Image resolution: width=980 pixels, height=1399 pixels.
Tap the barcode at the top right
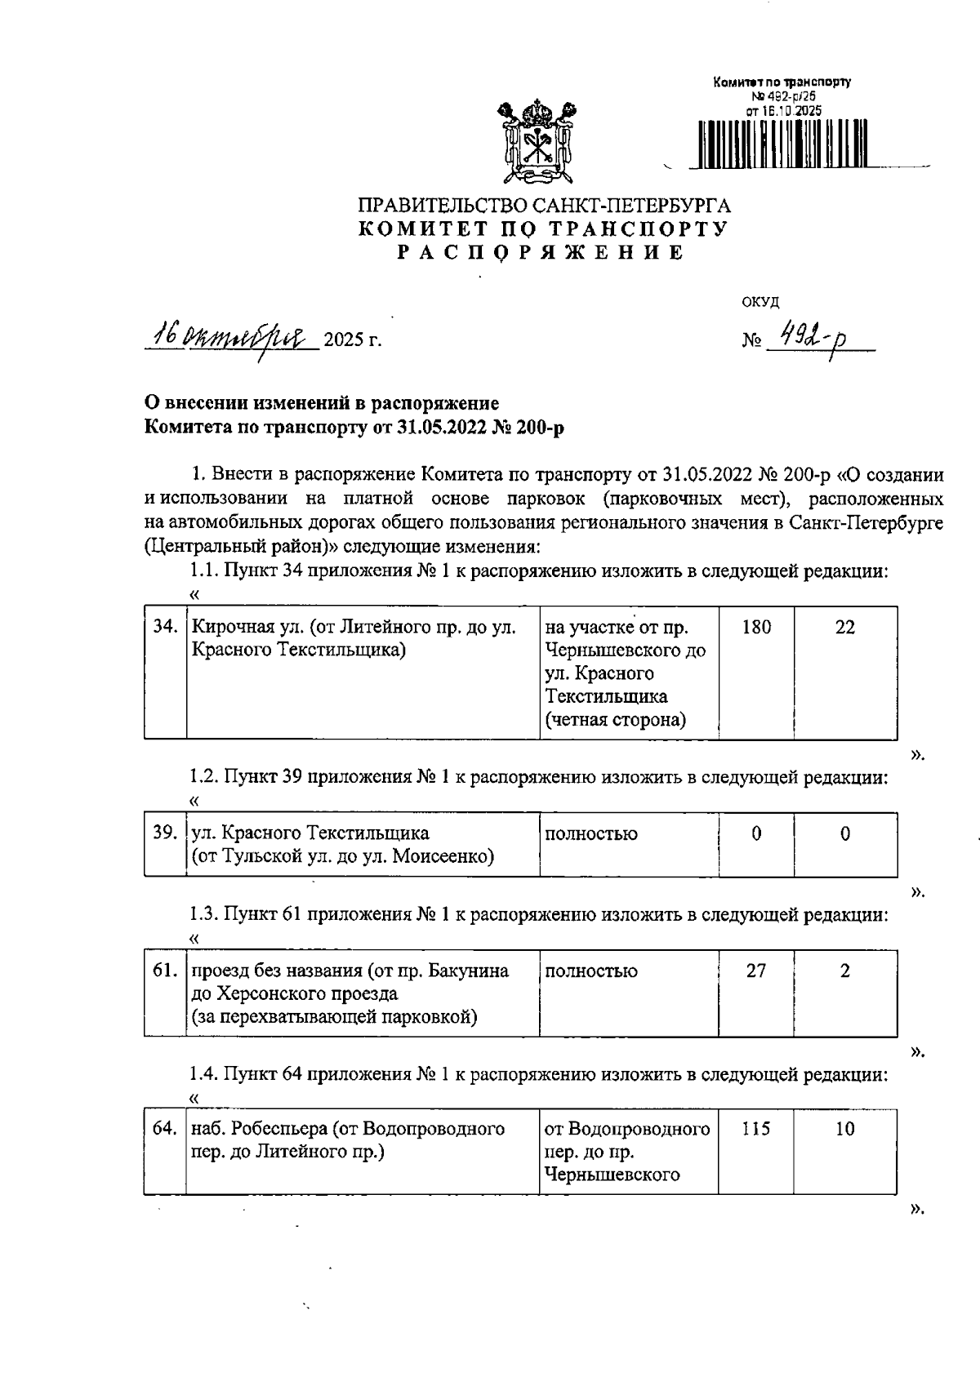(x=782, y=144)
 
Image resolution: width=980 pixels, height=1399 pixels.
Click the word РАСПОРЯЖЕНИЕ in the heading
(x=541, y=253)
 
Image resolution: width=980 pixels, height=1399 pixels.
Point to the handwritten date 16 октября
(x=230, y=335)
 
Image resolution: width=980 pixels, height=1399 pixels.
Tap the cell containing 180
(x=756, y=628)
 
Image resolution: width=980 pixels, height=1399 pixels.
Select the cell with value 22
(x=845, y=628)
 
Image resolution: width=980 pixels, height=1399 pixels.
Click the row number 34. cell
(x=166, y=628)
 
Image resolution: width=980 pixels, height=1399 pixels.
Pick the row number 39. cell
(x=166, y=833)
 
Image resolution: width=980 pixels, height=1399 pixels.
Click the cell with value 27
(x=756, y=970)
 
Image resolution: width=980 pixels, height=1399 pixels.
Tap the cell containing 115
(x=756, y=1129)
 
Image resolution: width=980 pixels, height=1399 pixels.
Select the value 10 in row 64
(x=845, y=1129)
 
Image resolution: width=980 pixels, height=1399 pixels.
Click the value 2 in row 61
(x=845, y=970)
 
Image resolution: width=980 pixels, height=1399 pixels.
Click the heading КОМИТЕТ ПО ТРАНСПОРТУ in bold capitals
(x=543, y=229)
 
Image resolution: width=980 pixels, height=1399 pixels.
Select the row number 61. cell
(x=166, y=970)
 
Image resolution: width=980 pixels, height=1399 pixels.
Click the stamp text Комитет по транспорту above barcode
(x=782, y=82)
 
